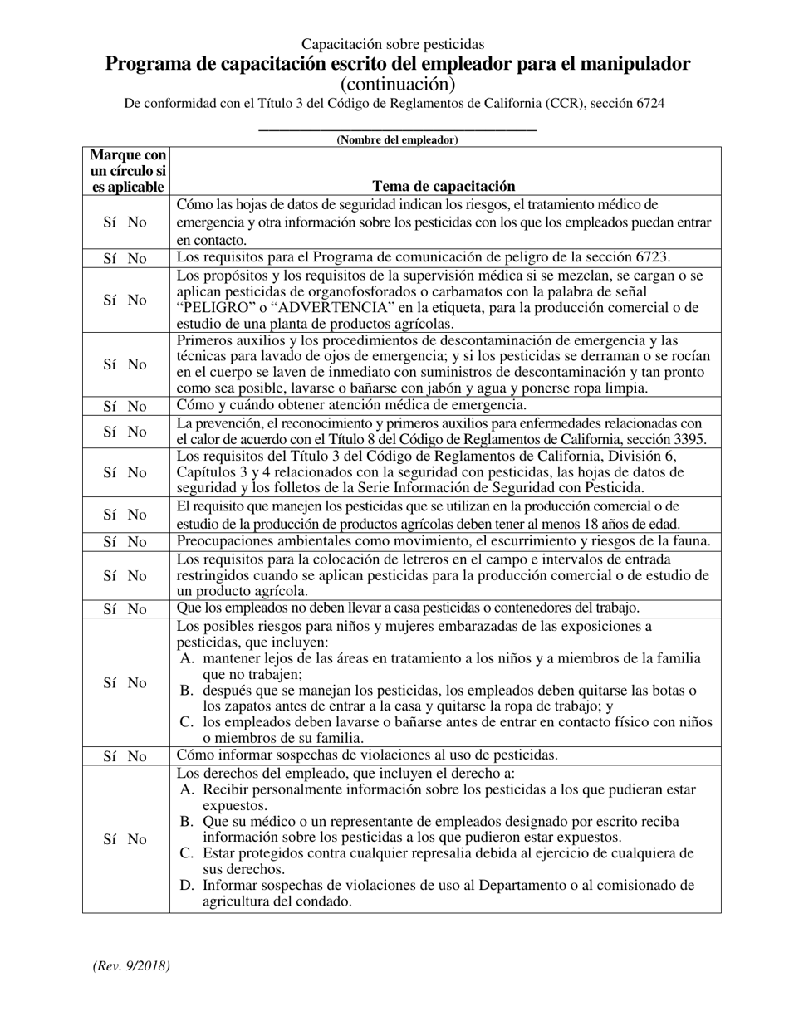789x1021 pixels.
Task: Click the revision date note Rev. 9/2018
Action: click(130, 965)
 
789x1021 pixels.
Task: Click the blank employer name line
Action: click(397, 128)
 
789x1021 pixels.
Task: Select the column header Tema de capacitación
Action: click(444, 187)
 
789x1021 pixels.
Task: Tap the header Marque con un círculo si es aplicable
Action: click(127, 171)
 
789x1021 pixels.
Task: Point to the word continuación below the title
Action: click(397, 84)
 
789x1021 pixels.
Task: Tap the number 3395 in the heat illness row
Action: click(691, 439)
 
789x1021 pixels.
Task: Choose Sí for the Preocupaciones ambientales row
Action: click(110, 542)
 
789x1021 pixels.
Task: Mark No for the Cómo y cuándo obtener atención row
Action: click(137, 406)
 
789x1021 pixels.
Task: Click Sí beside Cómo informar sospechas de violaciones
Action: click(110, 756)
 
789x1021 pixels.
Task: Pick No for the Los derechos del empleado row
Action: click(137, 839)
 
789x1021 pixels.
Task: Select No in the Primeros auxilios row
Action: click(137, 364)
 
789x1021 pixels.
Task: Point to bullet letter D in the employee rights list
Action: click(187, 886)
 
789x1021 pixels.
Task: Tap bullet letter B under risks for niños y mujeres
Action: click(187, 691)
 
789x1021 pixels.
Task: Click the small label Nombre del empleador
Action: click(397, 140)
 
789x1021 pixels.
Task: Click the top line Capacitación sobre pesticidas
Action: click(393, 44)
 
